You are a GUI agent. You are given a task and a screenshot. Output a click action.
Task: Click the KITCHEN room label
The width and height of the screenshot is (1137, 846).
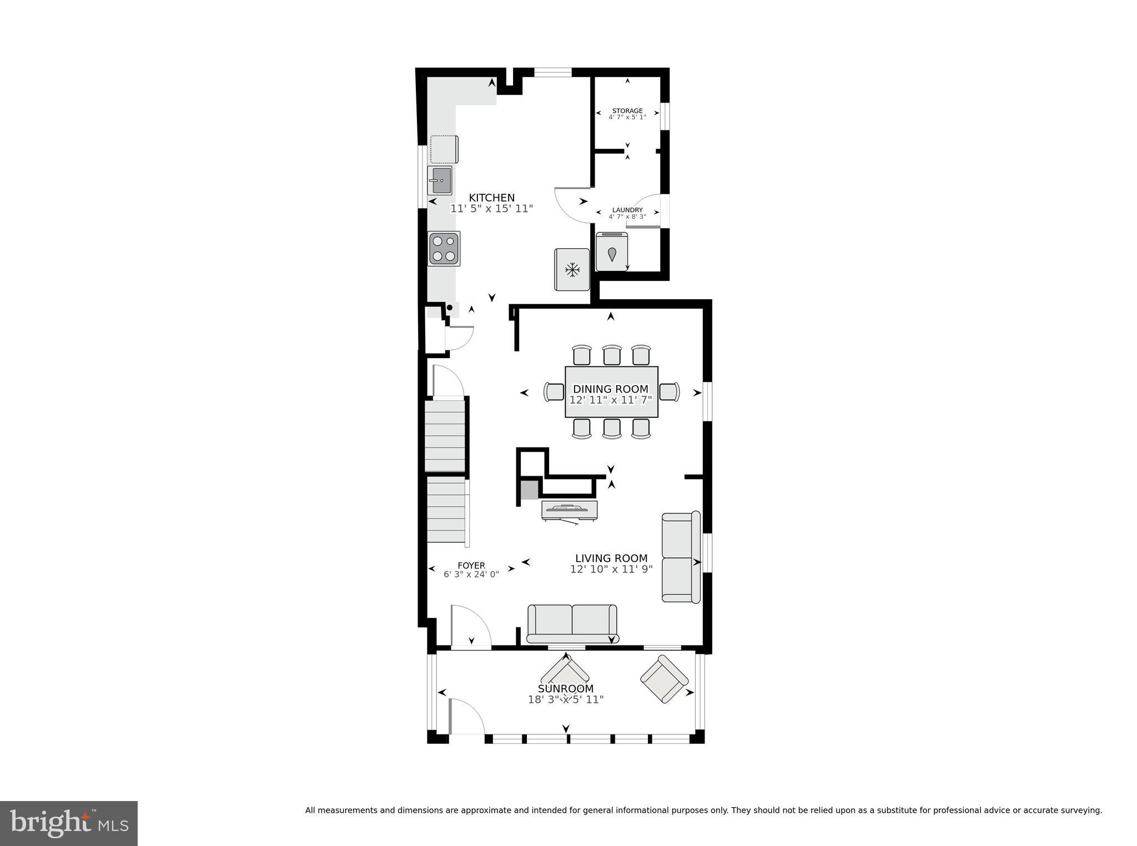tap(491, 198)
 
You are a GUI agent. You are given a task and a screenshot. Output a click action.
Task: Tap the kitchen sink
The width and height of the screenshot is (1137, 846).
tap(440, 180)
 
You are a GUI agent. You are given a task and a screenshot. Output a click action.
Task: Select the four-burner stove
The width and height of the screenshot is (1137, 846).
tap(444, 248)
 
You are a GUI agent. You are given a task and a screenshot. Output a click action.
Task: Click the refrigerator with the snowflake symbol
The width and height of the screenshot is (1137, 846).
tap(572, 270)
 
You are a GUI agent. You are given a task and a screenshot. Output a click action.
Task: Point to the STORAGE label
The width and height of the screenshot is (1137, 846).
tap(627, 111)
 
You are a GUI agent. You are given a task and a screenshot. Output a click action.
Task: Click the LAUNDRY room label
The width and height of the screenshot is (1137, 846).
tap(627, 210)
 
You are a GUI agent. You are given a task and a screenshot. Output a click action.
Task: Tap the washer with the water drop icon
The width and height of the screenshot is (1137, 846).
tap(612, 253)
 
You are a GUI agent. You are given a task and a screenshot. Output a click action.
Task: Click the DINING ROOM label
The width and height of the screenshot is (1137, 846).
tap(611, 389)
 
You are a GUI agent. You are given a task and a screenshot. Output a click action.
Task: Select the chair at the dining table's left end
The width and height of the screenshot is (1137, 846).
tap(554, 392)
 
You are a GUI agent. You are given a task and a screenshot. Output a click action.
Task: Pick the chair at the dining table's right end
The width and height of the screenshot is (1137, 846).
tap(670, 392)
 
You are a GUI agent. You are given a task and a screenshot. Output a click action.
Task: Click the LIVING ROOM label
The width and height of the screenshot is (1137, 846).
tap(611, 558)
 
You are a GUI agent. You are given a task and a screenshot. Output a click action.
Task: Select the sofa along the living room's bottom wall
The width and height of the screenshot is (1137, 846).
tap(572, 623)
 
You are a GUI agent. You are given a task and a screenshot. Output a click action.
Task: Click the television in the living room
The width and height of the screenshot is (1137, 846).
tap(569, 510)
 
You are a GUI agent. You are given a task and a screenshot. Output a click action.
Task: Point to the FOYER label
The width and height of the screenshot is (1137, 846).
tap(471, 566)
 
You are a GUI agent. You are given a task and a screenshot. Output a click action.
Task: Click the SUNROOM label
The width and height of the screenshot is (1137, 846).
tap(566, 689)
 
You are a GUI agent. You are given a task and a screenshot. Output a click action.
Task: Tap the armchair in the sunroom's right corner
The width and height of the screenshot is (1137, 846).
tap(664, 679)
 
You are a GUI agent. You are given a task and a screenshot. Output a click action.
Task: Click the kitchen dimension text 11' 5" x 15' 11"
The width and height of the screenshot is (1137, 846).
tap(491, 209)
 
